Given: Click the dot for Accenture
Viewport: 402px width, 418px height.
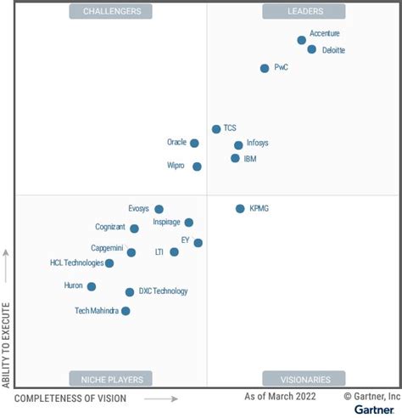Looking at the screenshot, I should pos(301,40).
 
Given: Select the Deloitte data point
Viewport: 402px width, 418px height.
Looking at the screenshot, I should pos(311,50).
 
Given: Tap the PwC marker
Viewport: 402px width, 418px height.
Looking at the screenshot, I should pos(265,68).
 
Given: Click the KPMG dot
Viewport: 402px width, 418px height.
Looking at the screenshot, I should pos(240,208).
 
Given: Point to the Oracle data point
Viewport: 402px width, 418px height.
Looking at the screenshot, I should pos(194,143).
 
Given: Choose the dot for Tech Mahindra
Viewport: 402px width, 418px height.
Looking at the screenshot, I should pos(126,311).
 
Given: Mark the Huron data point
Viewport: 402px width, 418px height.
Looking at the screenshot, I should pos(91,286).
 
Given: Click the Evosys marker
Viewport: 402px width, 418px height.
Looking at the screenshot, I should pos(159,209).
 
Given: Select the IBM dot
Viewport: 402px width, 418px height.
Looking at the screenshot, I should pos(235,158).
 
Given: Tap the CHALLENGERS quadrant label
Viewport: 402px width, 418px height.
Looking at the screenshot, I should pos(111,11).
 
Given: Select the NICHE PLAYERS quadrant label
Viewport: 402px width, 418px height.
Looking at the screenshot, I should pos(111,379).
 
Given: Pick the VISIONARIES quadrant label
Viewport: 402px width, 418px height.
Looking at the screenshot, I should pos(304,379).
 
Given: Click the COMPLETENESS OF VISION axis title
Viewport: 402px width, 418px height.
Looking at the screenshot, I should pos(70,398).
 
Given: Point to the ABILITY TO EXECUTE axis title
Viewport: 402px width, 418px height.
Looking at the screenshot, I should pos(7,343).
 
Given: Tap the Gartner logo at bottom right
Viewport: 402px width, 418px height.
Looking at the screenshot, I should pos(373,410).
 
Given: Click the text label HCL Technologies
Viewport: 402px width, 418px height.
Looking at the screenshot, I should pos(76,263).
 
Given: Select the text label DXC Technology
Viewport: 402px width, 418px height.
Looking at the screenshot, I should pos(163,291).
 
